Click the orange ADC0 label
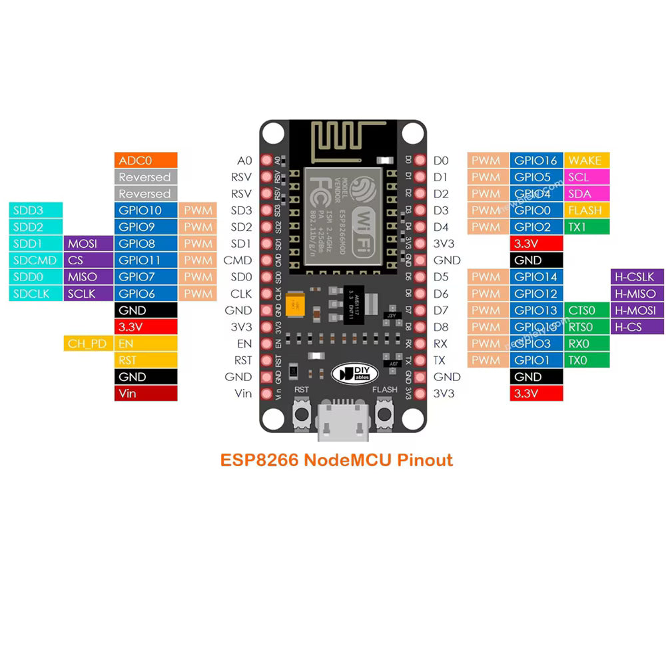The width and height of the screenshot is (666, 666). [146, 161]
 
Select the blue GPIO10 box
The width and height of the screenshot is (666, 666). [146, 210]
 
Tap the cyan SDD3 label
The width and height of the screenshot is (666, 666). [37, 210]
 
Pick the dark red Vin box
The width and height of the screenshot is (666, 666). [146, 394]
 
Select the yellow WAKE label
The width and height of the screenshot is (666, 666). [587, 161]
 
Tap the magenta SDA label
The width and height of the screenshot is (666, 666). [587, 194]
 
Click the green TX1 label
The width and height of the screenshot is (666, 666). [587, 227]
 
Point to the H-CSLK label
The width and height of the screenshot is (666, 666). [637, 277]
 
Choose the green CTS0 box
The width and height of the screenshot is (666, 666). [587, 310]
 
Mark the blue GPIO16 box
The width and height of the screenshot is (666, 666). [537, 161]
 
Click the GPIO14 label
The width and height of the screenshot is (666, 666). [537, 277]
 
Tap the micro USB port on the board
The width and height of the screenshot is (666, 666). [343, 423]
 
